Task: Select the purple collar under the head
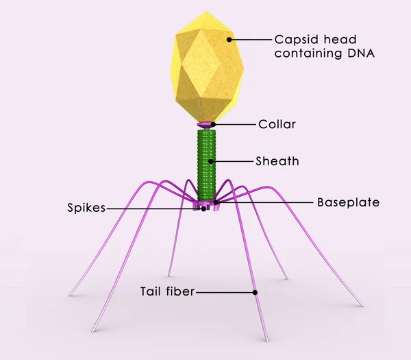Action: click(206, 125)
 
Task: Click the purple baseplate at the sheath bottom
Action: click(206, 204)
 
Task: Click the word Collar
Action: click(277, 124)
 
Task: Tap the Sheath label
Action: click(277, 162)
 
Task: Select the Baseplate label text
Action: click(348, 203)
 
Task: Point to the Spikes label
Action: click(86, 208)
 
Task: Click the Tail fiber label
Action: click(167, 291)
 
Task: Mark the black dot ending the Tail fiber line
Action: click(255, 291)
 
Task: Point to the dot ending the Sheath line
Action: click(213, 162)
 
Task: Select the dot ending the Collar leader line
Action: click(214, 124)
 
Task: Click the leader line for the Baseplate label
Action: click(267, 202)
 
